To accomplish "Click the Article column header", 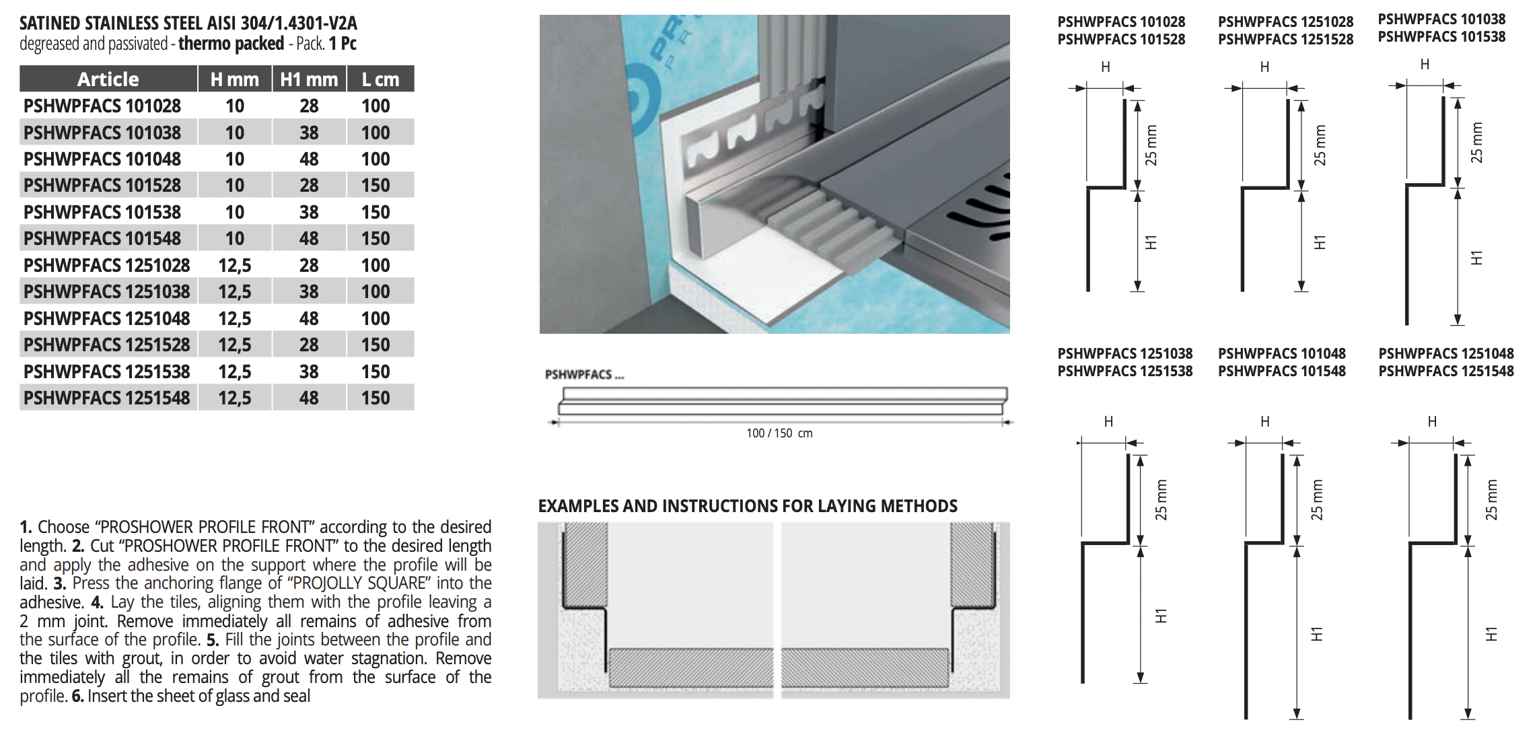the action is point(108,79).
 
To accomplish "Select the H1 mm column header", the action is point(309,79).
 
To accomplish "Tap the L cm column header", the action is point(381,79).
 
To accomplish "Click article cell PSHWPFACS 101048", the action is point(102,159).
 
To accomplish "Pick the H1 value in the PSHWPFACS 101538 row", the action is point(309,213).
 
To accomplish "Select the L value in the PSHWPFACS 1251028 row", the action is point(376,266).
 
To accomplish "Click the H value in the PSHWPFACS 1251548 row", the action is point(235,398).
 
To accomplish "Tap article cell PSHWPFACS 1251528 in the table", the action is point(107,345).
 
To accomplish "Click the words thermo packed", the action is point(231,44).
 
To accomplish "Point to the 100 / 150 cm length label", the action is point(779,433).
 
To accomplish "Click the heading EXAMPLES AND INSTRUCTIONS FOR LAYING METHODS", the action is point(748,506).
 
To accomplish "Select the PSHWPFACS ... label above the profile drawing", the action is point(585,375).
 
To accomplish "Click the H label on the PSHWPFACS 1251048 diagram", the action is point(1432,422).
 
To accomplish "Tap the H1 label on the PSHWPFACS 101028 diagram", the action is point(1151,242).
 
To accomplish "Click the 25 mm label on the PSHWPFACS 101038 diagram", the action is point(1476,143).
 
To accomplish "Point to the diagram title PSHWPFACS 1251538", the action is point(1125,371).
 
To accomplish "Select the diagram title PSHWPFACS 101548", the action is point(1282,371).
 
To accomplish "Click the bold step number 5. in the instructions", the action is point(213,640).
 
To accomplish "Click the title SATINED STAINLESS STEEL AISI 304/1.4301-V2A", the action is point(188,24).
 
